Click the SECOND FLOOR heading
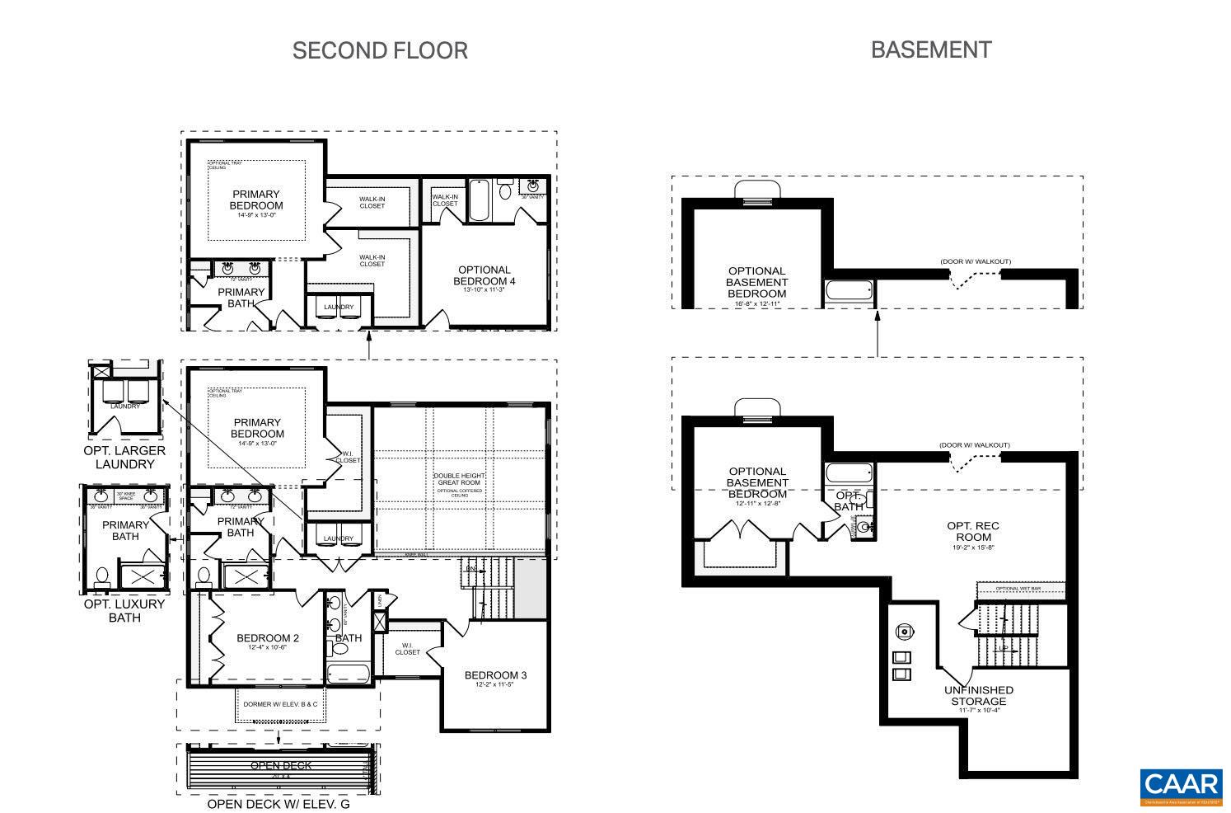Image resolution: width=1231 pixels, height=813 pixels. point(380,50)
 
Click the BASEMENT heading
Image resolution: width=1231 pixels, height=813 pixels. point(930,49)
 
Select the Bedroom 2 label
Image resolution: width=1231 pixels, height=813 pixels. point(268,638)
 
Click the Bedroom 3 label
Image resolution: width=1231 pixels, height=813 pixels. point(495,675)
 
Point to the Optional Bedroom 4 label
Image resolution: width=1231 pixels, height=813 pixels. point(484,275)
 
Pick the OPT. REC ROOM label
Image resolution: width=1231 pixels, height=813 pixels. point(973,531)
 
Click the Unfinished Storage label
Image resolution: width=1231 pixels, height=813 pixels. point(979,695)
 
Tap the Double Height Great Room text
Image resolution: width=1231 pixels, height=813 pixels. point(460,479)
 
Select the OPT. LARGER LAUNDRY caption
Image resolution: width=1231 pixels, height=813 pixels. point(124,457)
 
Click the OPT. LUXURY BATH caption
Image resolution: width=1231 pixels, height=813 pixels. point(124,610)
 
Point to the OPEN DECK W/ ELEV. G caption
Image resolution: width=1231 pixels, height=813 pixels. point(278,804)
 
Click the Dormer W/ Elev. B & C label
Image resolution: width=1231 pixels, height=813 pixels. point(280,704)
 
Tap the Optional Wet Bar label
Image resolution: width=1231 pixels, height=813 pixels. point(1018,588)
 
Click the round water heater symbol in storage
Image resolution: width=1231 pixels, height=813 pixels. point(905,632)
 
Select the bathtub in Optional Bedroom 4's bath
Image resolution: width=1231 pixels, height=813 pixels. point(480,200)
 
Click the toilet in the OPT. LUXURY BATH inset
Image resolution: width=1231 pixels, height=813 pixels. point(103,576)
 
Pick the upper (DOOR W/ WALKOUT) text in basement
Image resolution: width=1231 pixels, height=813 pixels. point(976,261)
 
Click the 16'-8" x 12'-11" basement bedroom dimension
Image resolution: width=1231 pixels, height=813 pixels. point(756,303)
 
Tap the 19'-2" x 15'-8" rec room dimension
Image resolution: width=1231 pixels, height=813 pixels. point(973,547)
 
